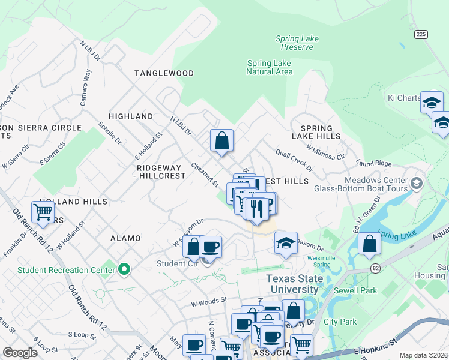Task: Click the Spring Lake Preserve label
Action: pos(297,43)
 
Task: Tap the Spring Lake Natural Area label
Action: pos(269,67)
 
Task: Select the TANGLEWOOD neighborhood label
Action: pos(164,73)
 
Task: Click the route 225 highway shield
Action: pos(420,34)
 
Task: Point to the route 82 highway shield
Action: pos(376,266)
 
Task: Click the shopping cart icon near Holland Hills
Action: pos(43,212)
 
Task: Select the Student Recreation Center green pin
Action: pos(124,269)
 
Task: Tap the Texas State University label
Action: pos(294,284)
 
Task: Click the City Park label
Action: pos(340,322)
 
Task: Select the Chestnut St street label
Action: pos(204,173)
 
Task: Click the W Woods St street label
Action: pos(209,299)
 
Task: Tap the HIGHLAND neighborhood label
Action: pos(130,116)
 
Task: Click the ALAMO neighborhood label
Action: pos(125,238)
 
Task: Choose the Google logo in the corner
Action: pos(20,352)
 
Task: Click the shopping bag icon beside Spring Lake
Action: pos(369,244)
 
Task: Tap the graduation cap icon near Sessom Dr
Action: pos(286,243)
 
